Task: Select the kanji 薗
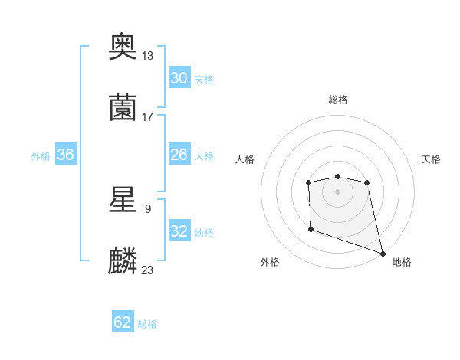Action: (x=123, y=108)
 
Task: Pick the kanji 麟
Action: (x=123, y=261)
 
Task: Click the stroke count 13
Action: (x=147, y=55)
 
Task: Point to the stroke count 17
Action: (x=147, y=116)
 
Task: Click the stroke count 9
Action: (x=147, y=208)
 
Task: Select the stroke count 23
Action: (x=147, y=270)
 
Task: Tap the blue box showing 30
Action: (x=179, y=78)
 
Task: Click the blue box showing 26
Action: (x=179, y=155)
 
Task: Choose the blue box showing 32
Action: (x=179, y=231)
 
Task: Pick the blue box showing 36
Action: (x=65, y=155)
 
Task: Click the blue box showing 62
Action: (x=123, y=323)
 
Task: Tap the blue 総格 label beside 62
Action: (x=147, y=324)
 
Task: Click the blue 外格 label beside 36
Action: (x=41, y=155)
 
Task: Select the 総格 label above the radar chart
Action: (x=337, y=100)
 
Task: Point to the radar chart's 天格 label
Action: (x=432, y=159)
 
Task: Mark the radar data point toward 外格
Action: (x=310, y=229)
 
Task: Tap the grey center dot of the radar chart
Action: (x=337, y=191)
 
